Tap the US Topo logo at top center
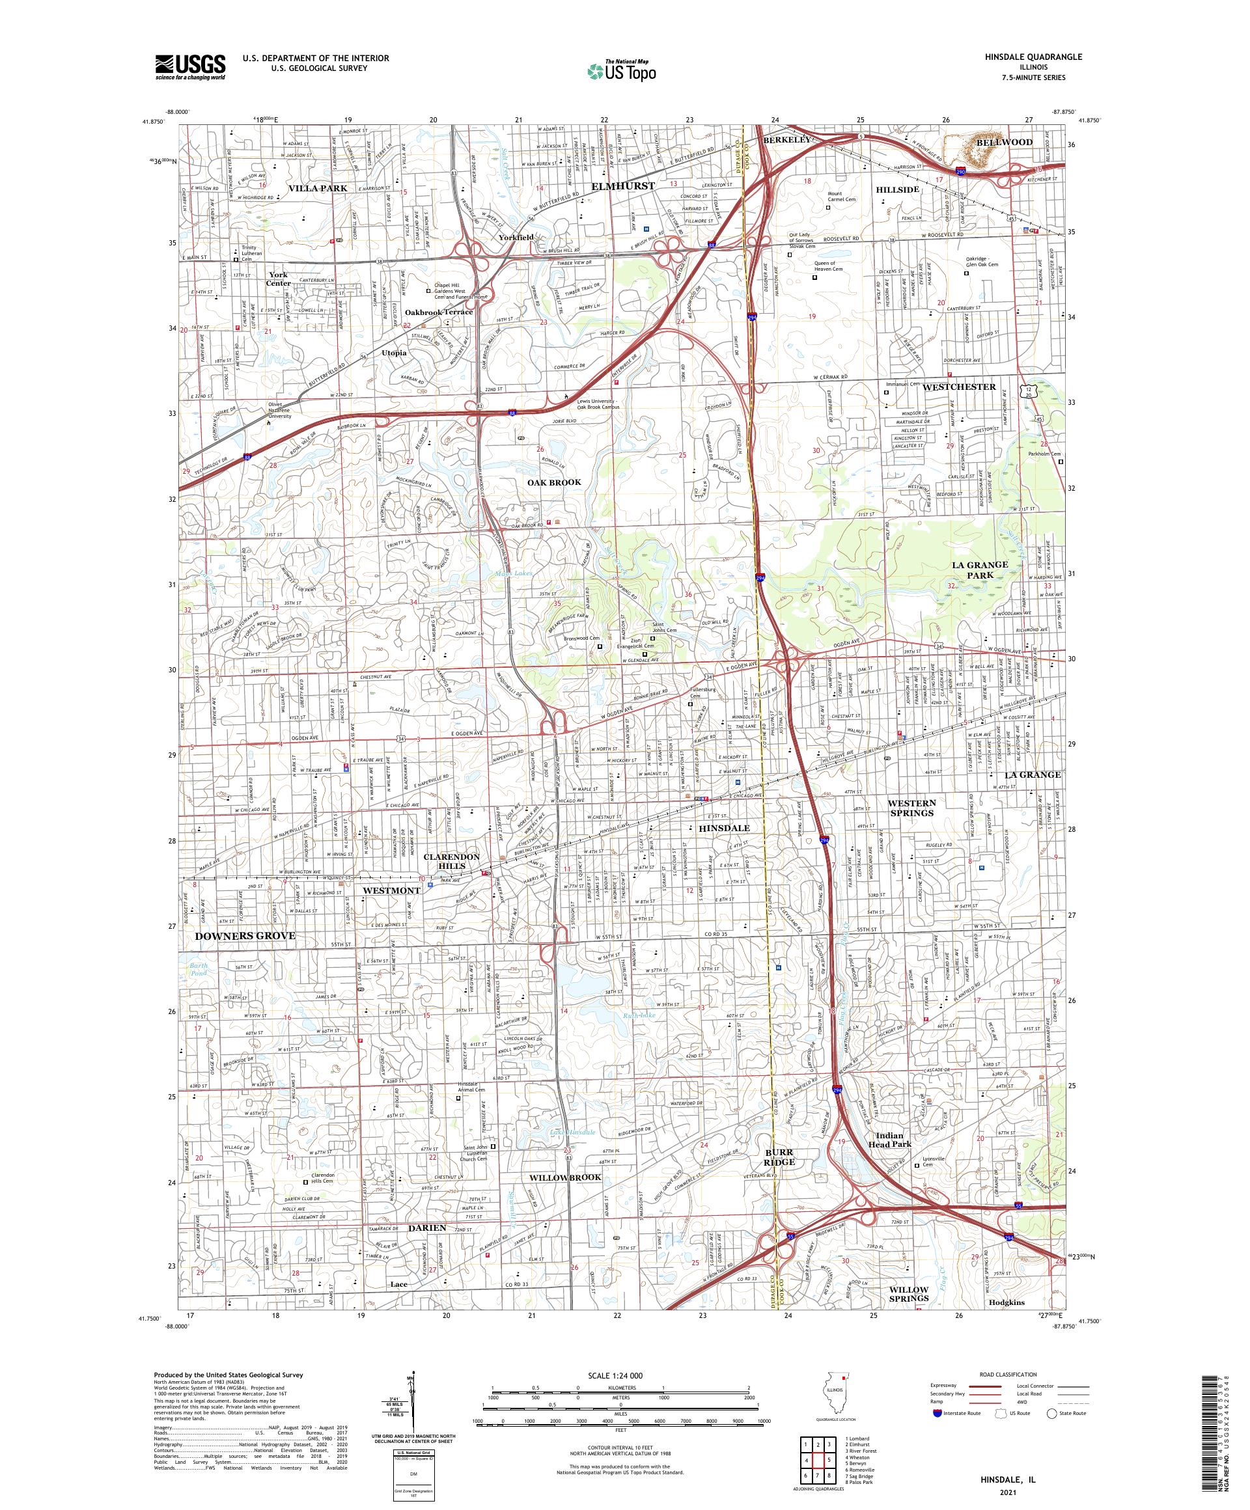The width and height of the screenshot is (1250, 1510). [x=622, y=69]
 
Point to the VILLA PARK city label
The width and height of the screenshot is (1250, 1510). [x=318, y=187]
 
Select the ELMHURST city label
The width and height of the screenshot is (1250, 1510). [x=623, y=185]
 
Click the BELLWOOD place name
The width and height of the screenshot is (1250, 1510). [x=1004, y=143]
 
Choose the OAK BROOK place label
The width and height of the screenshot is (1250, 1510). [x=554, y=482]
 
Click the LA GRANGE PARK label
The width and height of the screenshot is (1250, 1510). [x=980, y=570]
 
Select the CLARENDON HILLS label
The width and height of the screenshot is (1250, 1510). [x=451, y=862]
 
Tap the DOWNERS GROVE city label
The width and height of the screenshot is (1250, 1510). [x=245, y=936]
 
